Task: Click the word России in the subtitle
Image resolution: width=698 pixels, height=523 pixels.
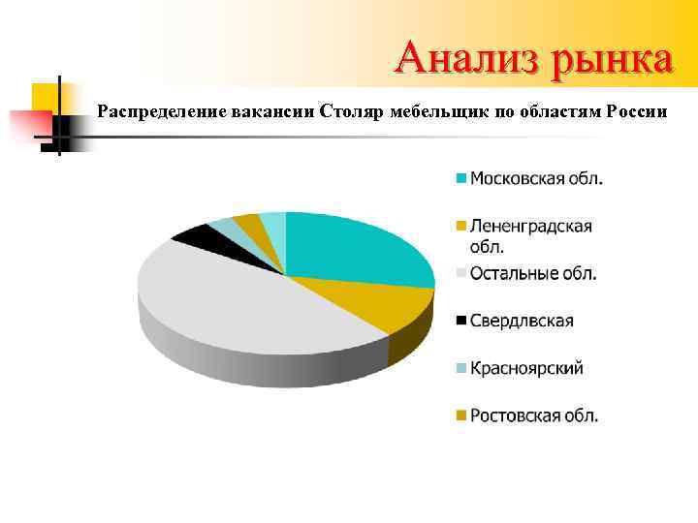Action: point(636,111)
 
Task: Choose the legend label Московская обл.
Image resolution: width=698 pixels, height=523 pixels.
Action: point(536,178)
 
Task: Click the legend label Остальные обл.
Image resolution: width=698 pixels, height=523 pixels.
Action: point(533,273)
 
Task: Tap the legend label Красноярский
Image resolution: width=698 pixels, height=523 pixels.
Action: point(526,368)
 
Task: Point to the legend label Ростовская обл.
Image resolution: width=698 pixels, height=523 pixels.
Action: point(534,415)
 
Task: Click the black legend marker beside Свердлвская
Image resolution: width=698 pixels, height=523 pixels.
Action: point(462,321)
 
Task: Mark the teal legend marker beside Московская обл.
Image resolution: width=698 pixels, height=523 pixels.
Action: point(462,178)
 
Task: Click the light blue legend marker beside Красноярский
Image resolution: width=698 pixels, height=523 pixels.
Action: point(462,368)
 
